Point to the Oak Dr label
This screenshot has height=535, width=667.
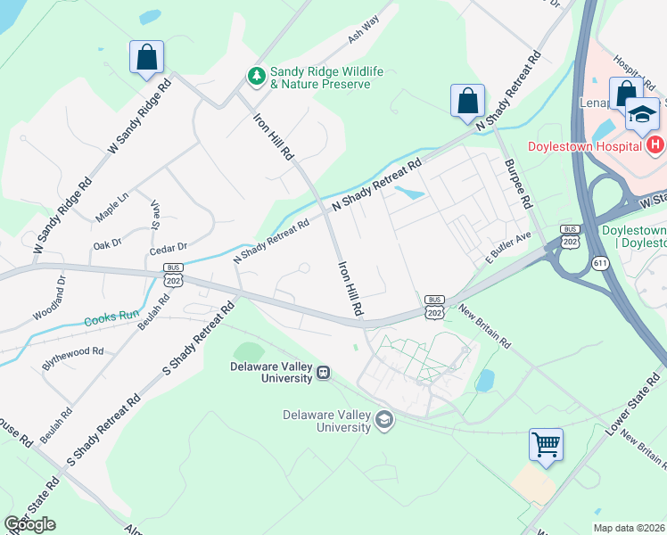pyautogui.click(x=107, y=243)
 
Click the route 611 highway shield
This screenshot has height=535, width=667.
pyautogui.click(x=599, y=261)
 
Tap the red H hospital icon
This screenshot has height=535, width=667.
pyautogui.click(x=655, y=145)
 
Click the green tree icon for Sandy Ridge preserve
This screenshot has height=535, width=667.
pyautogui.click(x=257, y=77)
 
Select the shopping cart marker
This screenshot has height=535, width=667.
pyautogui.click(x=546, y=444)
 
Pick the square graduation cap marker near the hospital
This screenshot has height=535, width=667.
pyautogui.click(x=641, y=113)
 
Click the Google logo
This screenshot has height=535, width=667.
pyautogui.click(x=29, y=524)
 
